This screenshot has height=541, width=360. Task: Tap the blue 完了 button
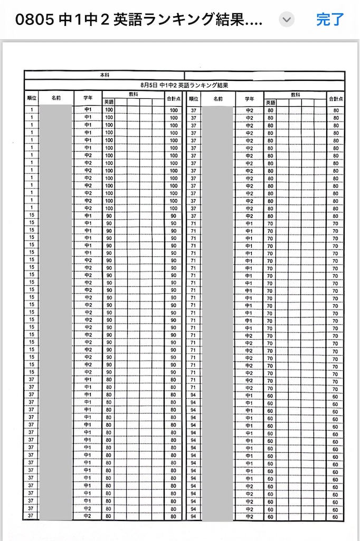tap(330, 20)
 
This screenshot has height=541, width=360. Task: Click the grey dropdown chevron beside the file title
tap(287, 20)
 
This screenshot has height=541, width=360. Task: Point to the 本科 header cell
tap(105, 76)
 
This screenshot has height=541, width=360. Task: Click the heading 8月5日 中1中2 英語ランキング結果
tap(184, 85)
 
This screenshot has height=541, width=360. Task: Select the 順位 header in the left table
tap(32, 98)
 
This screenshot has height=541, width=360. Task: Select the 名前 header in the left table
tap(56, 98)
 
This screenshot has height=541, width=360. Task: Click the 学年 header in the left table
tap(88, 98)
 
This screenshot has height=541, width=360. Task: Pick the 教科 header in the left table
tap(134, 95)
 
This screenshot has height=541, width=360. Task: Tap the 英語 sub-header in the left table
tap(109, 102)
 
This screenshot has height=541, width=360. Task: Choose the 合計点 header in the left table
tap(174, 98)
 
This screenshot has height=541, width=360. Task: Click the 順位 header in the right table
tap(193, 98)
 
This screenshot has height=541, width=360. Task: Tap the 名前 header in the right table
tap(217, 98)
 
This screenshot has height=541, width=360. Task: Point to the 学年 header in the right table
tap(249, 98)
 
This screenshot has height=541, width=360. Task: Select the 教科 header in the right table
tap(295, 95)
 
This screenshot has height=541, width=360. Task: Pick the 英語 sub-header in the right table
tap(270, 102)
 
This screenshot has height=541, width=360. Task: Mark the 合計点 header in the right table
tap(336, 98)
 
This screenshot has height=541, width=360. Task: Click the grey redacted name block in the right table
tap(217, 312)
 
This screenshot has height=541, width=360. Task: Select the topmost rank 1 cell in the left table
tap(32, 110)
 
